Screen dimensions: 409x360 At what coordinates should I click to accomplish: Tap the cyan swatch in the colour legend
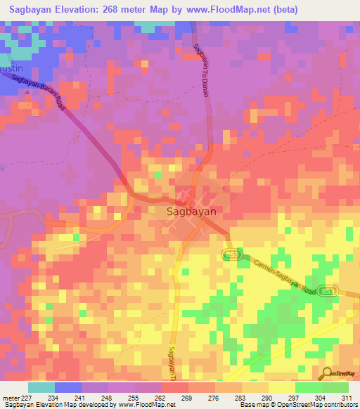41,387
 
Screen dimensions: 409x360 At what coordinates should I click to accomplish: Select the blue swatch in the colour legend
68,387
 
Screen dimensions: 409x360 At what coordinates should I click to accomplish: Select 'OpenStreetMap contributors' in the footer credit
319,405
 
